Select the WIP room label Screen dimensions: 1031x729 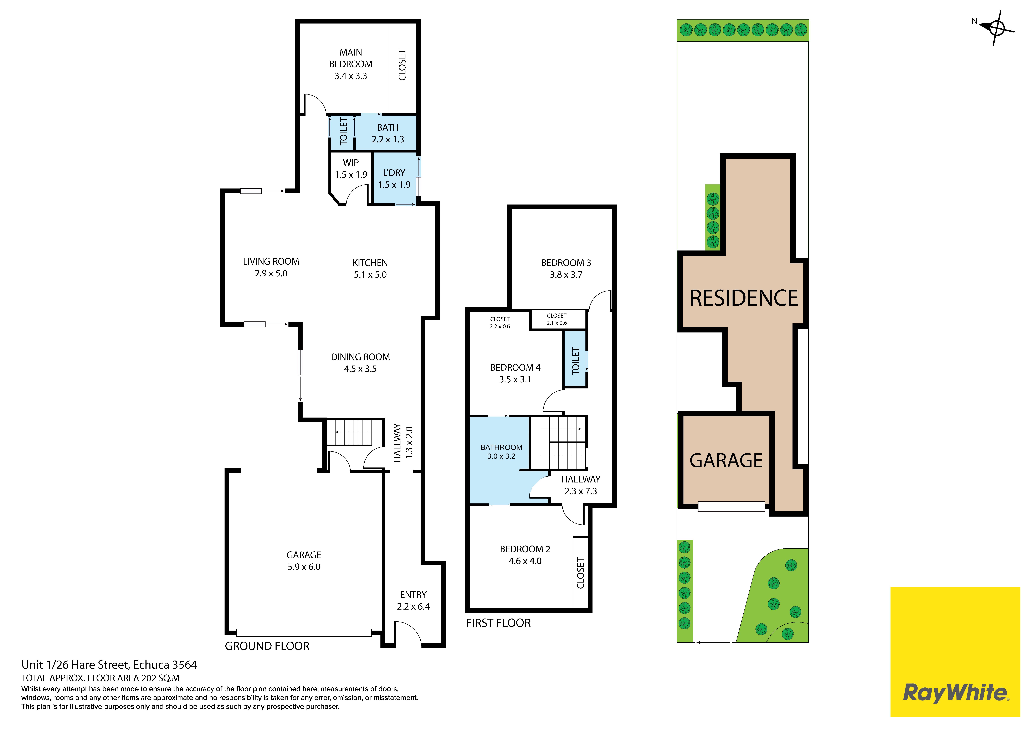[351, 162]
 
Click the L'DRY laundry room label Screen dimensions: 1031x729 [394, 173]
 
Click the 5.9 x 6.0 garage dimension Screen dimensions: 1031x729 [304, 567]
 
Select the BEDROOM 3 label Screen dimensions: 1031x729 [566, 263]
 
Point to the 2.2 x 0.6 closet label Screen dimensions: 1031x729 [500, 326]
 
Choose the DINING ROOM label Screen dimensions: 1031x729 [360, 357]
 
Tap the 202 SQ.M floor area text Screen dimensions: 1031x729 [160, 678]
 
